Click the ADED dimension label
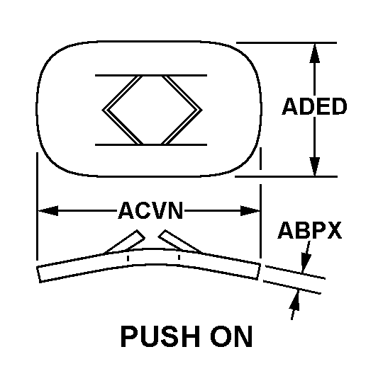(314, 106)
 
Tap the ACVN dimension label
(150, 210)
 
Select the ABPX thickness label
(310, 230)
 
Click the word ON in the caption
(231, 336)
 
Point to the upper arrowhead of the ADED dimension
(315, 53)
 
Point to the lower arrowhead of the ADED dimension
(315, 166)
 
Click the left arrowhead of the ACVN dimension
(48, 211)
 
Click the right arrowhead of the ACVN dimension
(250, 211)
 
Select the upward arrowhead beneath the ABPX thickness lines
(295, 300)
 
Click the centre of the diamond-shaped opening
(152, 110)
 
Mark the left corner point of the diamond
(102, 110)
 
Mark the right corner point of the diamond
(202, 110)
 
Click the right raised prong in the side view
(179, 241)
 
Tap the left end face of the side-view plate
(38, 274)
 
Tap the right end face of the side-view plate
(259, 271)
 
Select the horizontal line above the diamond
(151, 75)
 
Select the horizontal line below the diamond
(151, 145)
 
